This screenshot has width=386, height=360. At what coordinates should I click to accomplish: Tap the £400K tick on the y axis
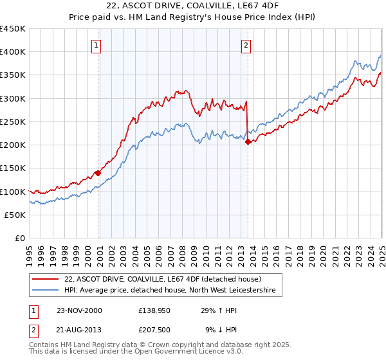[12, 52]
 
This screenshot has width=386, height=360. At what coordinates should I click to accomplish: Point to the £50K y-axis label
[15, 215]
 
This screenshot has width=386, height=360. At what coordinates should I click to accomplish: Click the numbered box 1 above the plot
[96, 45]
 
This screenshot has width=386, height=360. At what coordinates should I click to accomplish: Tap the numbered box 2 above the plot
[246, 45]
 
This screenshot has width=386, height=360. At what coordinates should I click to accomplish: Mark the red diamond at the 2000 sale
[98, 173]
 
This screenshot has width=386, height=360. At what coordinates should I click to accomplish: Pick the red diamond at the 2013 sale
[248, 141]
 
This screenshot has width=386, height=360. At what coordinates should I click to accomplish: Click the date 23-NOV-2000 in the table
[79, 310]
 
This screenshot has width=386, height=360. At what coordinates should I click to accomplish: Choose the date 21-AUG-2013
[79, 330]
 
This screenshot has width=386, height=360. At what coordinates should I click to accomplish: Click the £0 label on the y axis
[20, 238]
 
